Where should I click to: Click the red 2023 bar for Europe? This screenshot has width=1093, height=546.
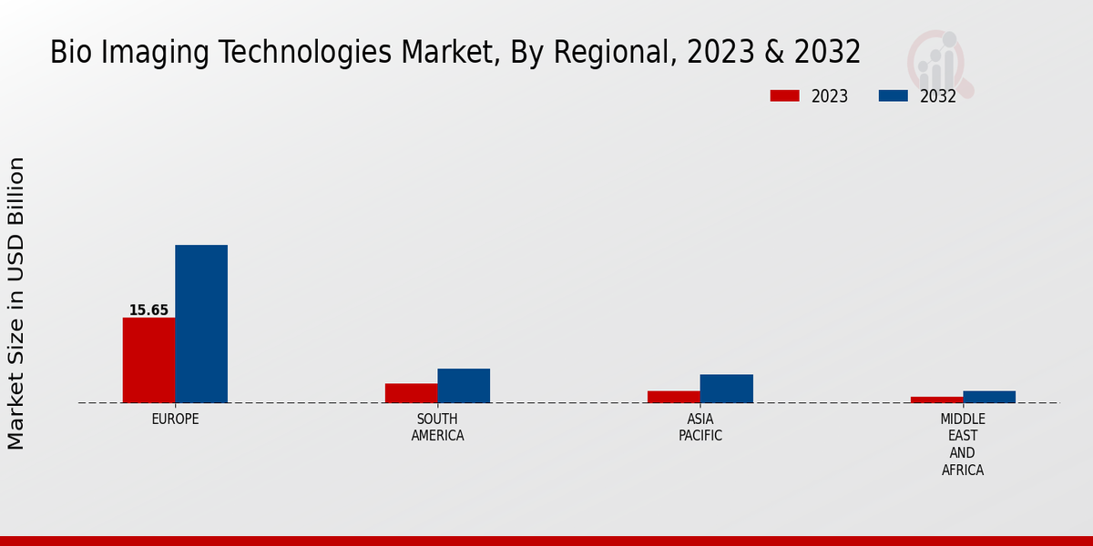(148, 360)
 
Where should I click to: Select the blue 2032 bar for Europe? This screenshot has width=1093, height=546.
(201, 324)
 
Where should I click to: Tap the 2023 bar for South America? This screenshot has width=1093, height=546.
(411, 393)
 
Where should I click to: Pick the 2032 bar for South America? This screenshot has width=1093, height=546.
(464, 386)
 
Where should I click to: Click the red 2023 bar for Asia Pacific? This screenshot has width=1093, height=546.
(674, 397)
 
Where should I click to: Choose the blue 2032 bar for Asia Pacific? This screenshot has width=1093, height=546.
(727, 389)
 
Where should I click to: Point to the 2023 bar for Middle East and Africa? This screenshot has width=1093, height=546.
(936, 399)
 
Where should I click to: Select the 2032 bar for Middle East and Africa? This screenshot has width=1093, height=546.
(989, 397)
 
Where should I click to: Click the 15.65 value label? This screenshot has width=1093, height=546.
(148, 310)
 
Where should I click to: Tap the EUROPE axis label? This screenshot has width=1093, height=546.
(175, 420)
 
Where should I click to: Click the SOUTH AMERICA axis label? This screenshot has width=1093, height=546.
(437, 428)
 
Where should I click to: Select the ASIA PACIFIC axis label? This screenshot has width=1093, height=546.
(700, 428)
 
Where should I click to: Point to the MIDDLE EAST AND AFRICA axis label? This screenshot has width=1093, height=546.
(963, 444)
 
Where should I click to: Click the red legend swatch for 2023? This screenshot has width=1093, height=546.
(784, 96)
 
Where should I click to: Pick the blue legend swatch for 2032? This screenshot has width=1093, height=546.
(893, 96)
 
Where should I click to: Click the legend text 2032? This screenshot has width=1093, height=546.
(938, 96)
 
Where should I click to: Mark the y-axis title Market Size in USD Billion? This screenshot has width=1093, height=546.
(16, 303)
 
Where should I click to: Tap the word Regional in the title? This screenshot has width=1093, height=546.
(610, 53)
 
